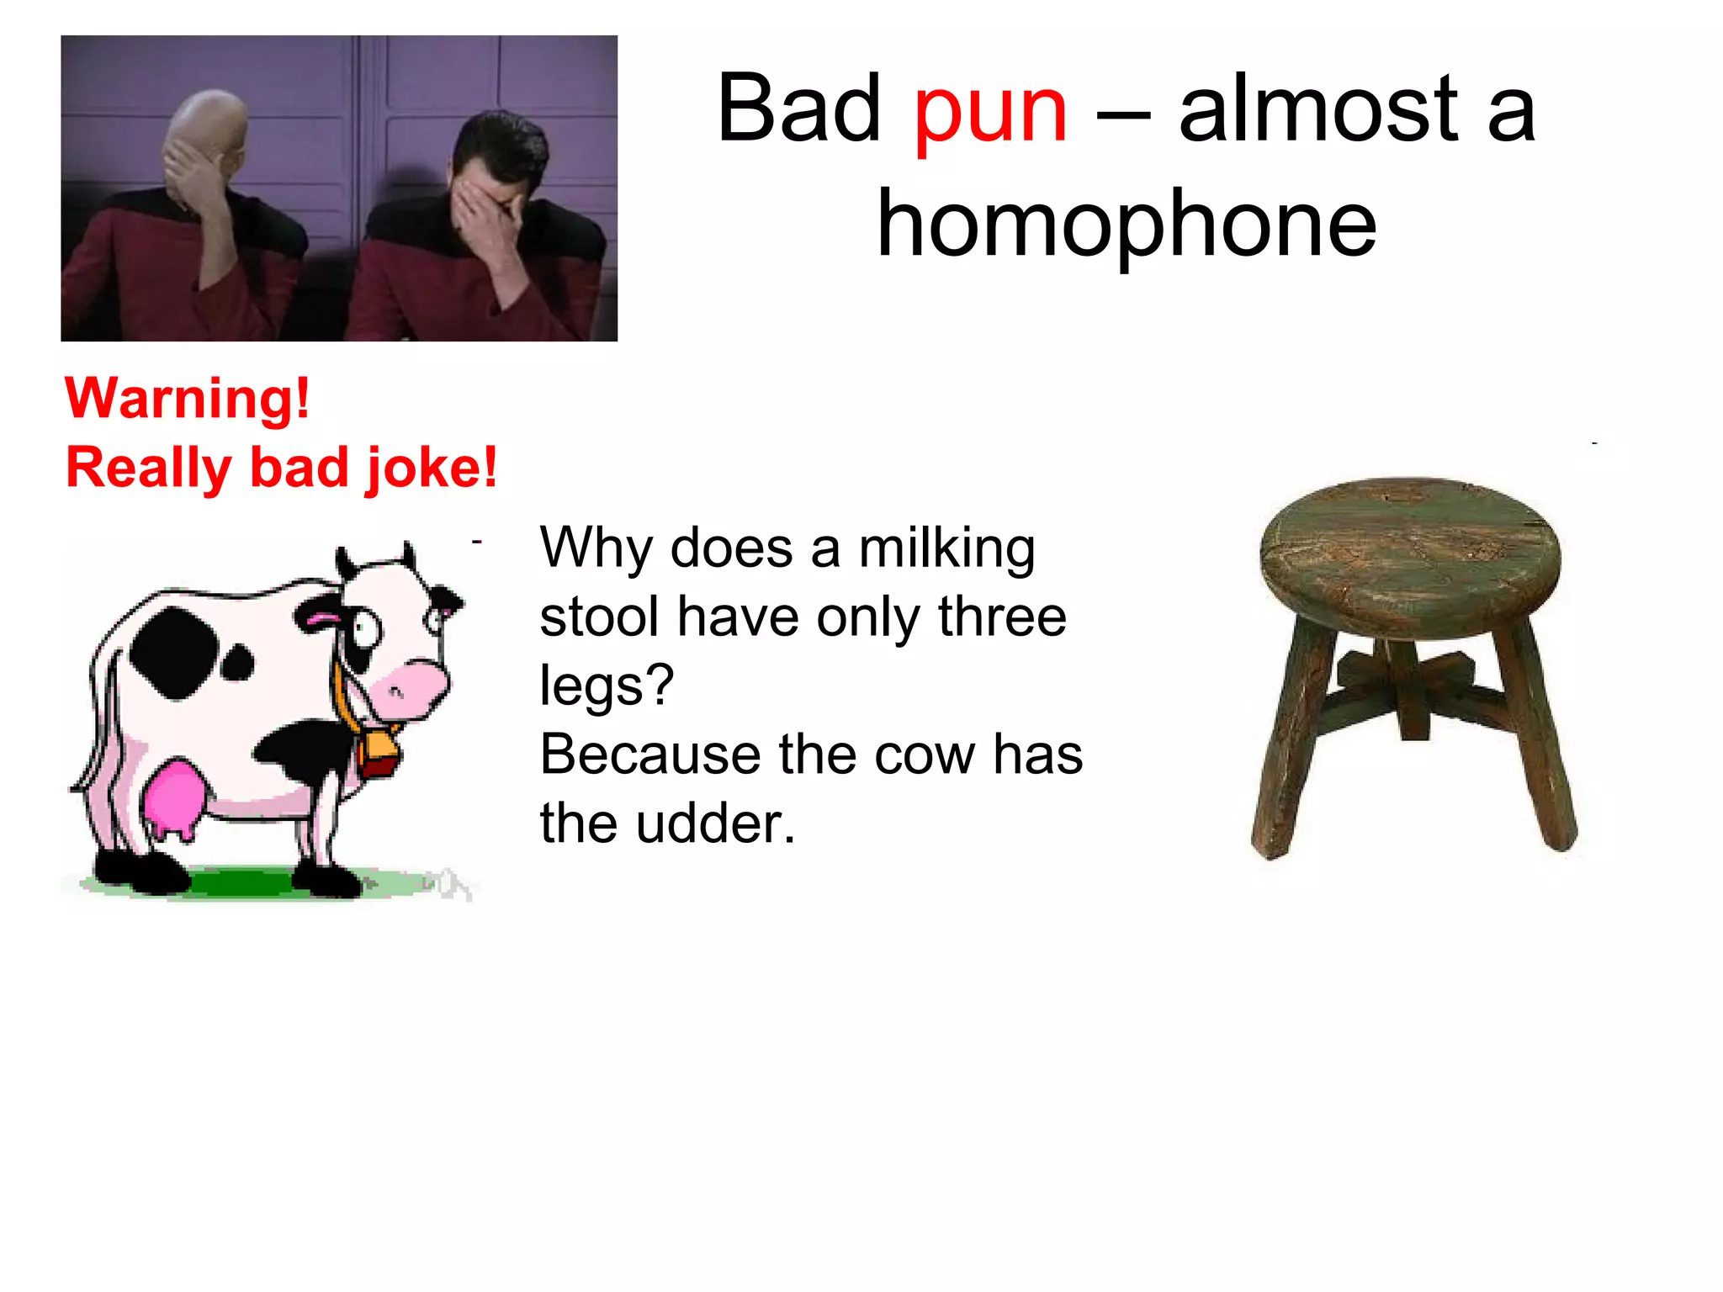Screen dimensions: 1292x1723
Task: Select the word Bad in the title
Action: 798,109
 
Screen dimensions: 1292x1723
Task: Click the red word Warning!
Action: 188,398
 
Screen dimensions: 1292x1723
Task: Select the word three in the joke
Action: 1002,617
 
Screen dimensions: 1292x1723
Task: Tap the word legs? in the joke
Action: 607,686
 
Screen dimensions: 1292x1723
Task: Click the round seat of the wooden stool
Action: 1409,555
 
